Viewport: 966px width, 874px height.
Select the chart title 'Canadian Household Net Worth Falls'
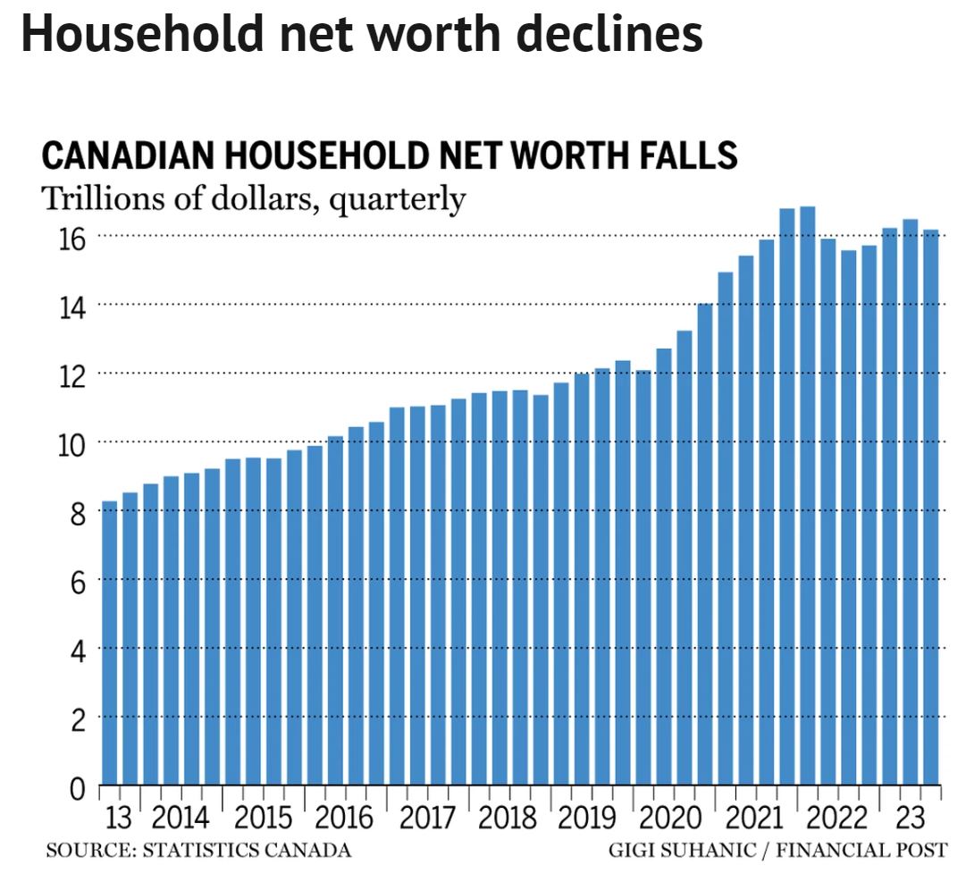point(390,156)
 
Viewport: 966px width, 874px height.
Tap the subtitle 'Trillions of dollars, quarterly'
point(254,198)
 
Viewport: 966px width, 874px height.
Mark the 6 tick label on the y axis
point(79,583)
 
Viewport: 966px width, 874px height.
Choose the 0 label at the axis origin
point(79,789)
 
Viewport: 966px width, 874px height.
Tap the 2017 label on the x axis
point(426,818)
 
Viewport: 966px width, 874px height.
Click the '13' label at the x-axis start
point(119,818)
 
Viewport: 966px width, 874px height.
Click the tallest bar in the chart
point(808,492)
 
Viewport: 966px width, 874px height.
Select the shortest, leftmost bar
point(110,643)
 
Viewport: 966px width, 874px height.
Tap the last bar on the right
point(930,509)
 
